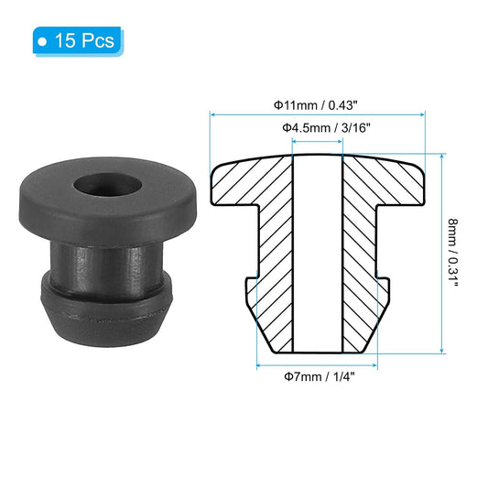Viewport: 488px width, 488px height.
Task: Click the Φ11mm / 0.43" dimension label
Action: (x=319, y=104)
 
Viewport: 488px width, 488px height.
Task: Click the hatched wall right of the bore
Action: (x=362, y=256)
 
